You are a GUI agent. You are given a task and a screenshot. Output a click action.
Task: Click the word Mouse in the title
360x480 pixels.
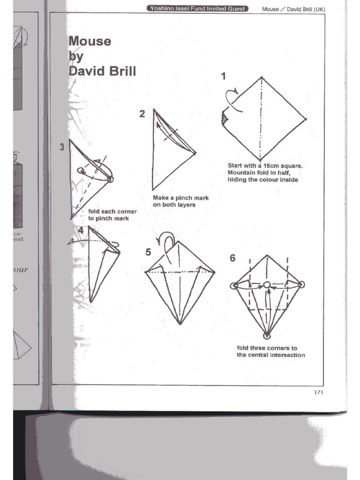pyautogui.click(x=90, y=41)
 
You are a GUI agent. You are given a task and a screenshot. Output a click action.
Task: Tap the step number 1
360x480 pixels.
pyautogui.click(x=224, y=76)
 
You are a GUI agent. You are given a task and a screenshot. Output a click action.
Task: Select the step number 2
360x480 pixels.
pyautogui.click(x=142, y=113)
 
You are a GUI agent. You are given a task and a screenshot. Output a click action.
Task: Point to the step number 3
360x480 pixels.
pyautogui.click(x=62, y=147)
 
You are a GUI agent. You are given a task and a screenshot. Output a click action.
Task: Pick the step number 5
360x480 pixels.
pyautogui.click(x=148, y=252)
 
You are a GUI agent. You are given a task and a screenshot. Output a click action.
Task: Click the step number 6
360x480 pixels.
pyautogui.click(x=232, y=258)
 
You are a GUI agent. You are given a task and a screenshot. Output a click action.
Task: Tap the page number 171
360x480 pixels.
pyautogui.click(x=318, y=392)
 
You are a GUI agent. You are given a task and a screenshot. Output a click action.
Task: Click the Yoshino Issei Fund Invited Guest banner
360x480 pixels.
pyautogui.click(x=197, y=8)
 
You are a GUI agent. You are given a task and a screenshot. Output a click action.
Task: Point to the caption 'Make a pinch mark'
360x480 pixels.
pyautogui.click(x=180, y=198)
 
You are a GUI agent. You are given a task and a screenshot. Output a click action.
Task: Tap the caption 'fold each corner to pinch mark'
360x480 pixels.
pyautogui.click(x=112, y=215)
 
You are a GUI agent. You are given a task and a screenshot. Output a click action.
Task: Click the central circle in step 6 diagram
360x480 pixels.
pyautogui.click(x=267, y=285)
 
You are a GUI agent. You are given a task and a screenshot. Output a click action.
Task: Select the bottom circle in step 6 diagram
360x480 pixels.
pyautogui.click(x=267, y=336)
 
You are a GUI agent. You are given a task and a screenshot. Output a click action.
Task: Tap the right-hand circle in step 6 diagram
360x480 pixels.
pyautogui.click(x=301, y=284)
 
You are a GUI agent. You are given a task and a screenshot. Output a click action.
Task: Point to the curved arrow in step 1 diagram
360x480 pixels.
pyautogui.click(x=233, y=99)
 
